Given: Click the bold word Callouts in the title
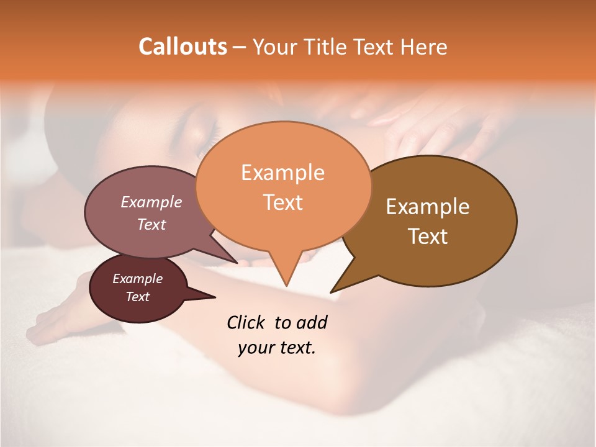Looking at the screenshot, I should click(x=183, y=47).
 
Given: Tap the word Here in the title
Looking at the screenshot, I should click(x=424, y=47).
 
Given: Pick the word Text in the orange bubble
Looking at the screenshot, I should click(x=282, y=202).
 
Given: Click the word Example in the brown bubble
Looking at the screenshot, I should click(x=427, y=207).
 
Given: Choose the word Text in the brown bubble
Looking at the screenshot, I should click(x=427, y=236).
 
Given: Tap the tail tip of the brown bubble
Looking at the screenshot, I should click(x=332, y=292).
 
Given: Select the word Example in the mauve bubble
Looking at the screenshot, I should click(x=151, y=202).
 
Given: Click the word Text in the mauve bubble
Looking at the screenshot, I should click(x=151, y=224).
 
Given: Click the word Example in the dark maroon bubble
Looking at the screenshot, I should click(x=137, y=279).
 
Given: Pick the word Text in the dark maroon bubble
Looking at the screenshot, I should click(x=137, y=297).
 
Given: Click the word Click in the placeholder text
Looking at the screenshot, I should click(x=246, y=322).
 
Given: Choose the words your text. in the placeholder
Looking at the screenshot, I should click(x=277, y=348).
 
